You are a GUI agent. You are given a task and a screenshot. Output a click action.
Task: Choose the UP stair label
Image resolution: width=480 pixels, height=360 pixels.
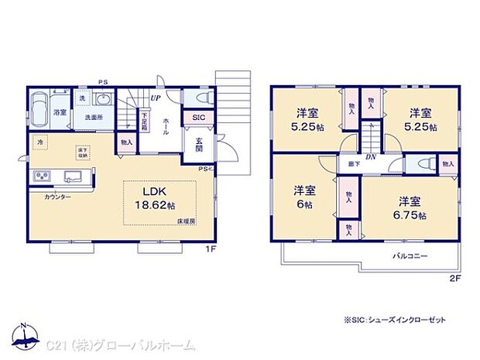156,98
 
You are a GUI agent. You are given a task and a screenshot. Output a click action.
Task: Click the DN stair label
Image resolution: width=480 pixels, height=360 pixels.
371,156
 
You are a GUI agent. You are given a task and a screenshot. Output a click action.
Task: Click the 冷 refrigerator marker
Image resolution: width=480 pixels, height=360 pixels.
39,142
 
